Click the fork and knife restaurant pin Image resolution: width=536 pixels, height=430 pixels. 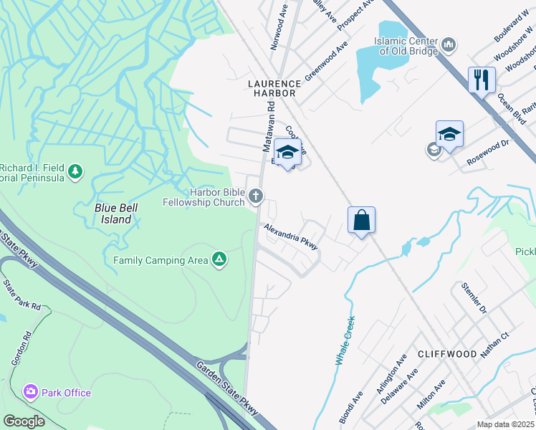pyautogui.click(x=482, y=79)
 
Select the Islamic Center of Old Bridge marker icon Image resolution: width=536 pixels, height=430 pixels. pyautogui.click(x=449, y=46)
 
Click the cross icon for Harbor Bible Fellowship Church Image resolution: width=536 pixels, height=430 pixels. pyautogui.click(x=256, y=195)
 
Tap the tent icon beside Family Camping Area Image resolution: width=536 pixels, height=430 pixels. pyautogui.click(x=220, y=259)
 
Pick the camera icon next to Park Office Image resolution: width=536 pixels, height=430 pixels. pyautogui.click(x=30, y=392)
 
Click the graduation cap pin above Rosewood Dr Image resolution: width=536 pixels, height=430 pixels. pyautogui.click(x=449, y=134)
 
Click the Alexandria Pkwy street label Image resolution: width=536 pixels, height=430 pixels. pyautogui.click(x=290, y=236)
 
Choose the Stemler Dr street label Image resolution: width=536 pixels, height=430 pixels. pyautogui.click(x=473, y=298)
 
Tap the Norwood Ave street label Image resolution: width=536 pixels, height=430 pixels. pyautogui.click(x=279, y=29)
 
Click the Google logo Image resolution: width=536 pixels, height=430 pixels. pyautogui.click(x=24, y=421)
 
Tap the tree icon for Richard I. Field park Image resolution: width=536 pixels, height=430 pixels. pyautogui.click(x=75, y=172)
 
